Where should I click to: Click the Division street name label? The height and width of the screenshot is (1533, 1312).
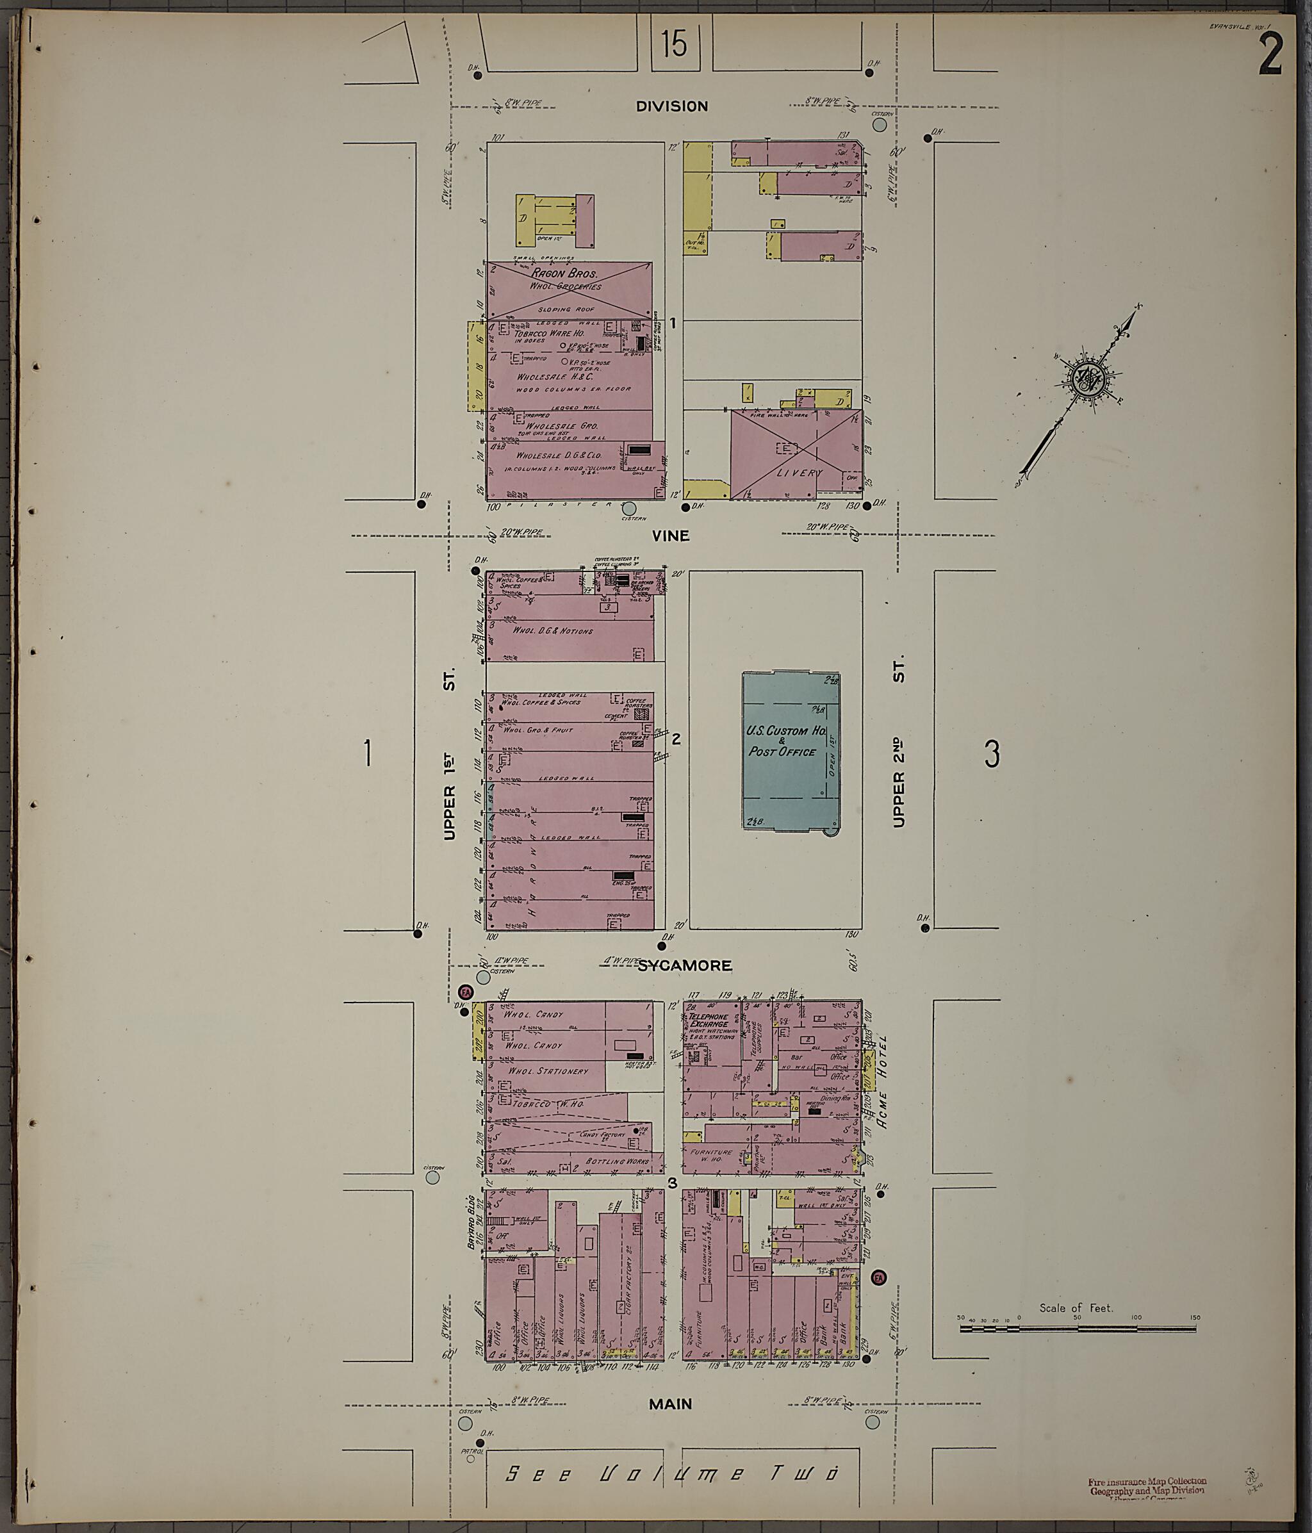point(672,106)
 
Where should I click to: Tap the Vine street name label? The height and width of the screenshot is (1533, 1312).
point(671,536)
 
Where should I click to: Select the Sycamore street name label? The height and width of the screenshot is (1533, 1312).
point(684,965)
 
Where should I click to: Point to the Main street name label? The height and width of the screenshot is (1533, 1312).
point(671,1404)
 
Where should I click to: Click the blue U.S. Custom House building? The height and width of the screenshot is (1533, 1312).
point(791,751)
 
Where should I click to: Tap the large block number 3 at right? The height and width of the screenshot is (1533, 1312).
point(992,753)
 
